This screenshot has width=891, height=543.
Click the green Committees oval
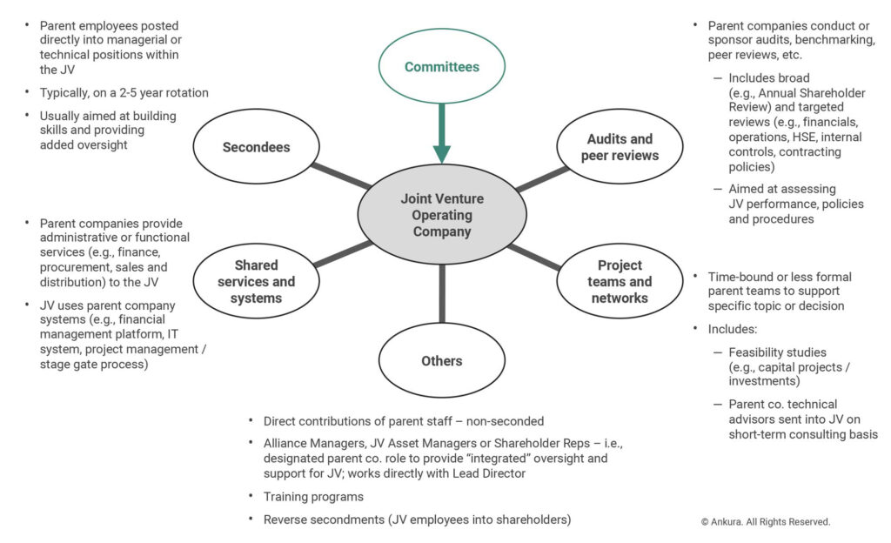pyautogui.click(x=441, y=66)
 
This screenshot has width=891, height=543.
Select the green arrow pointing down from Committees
pyautogui.click(x=441, y=133)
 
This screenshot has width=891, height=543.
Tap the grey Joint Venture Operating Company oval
pyautogui.click(x=441, y=215)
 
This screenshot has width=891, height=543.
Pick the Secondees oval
pyautogui.click(x=257, y=146)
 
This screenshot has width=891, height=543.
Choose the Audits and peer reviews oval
pyautogui.click(x=620, y=146)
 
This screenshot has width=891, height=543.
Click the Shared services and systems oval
pyautogui.click(x=257, y=281)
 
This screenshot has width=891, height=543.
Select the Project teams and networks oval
pyautogui.click(x=620, y=281)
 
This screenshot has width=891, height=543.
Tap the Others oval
pyautogui.click(x=441, y=360)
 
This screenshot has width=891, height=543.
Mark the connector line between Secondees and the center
pyautogui.click(x=341, y=176)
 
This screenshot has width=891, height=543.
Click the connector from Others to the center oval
pyautogui.click(x=441, y=293)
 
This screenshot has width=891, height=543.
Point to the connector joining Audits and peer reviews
pyautogui.click(x=541, y=179)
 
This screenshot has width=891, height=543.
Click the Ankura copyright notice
pyautogui.click(x=766, y=521)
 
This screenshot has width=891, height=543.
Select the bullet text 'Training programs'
pyautogui.click(x=313, y=496)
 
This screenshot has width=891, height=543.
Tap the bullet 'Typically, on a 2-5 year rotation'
pyautogui.click(x=124, y=92)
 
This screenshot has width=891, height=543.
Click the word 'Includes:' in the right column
pyautogui.click(x=733, y=329)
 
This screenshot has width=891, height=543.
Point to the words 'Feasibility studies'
pyautogui.click(x=777, y=352)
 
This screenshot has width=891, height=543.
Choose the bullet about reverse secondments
pyautogui.click(x=417, y=520)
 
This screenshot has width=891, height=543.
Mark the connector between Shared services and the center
pyautogui.click(x=343, y=253)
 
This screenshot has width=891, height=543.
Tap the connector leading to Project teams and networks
pyautogui.click(x=534, y=257)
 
